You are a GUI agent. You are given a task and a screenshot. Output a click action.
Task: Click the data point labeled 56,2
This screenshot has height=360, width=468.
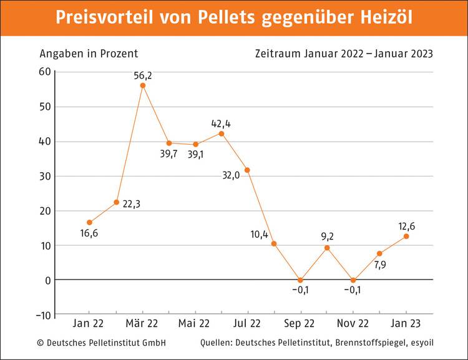click(143, 85)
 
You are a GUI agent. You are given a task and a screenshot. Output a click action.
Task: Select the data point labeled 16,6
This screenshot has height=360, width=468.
click(90, 222)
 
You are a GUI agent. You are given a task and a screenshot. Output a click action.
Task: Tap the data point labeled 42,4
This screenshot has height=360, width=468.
click(222, 133)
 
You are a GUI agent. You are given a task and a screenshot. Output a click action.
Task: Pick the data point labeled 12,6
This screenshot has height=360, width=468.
click(406, 236)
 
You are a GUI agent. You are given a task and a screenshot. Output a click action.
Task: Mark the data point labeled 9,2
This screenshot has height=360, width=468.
click(327, 248)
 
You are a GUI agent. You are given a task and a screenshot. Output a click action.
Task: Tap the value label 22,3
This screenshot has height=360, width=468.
click(131, 203)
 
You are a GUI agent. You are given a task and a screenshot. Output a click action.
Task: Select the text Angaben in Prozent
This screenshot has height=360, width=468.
click(89, 54)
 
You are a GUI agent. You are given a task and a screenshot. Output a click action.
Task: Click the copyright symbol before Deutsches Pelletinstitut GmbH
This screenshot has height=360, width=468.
click(41, 343)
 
